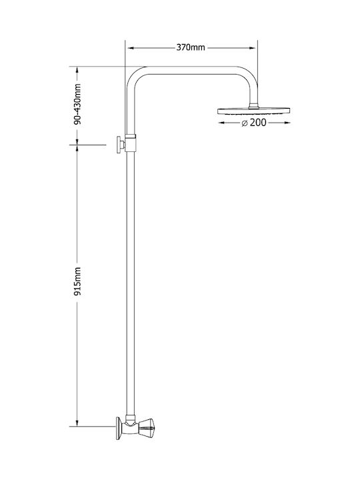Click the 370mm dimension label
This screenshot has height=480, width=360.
click(191, 47)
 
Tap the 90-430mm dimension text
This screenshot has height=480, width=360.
click(77, 104)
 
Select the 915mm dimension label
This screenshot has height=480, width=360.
click(77, 281)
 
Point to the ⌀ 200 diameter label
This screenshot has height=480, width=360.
click(254, 123)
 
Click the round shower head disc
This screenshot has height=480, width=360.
click(253, 111)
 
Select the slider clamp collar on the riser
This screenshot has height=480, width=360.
click(131, 143)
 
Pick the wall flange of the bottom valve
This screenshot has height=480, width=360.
click(119, 428)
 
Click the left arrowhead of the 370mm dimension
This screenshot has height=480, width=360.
click(131, 48)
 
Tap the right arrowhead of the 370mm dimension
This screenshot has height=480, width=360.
click(252, 48)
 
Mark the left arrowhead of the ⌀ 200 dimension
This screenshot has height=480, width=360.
click(222, 123)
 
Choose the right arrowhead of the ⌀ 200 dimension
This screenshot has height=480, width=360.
click(286, 123)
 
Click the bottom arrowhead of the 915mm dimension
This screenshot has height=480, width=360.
click(77, 422)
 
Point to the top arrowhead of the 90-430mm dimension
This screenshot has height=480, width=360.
click(77, 71)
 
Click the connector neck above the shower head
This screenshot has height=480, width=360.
click(253, 105)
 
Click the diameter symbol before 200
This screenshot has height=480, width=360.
click(244, 123)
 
